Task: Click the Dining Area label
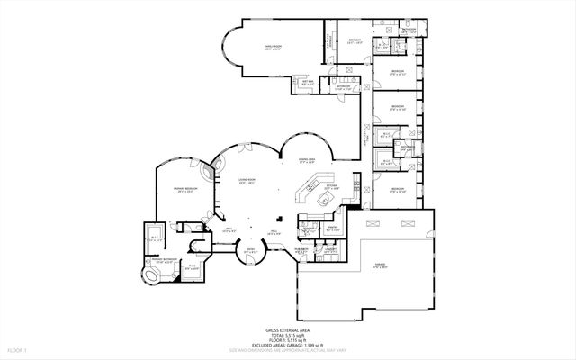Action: point(308,159)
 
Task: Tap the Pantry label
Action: point(332,228)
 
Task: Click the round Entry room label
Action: point(252,251)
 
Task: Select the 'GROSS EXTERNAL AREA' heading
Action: point(288,330)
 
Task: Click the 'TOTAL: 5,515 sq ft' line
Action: point(288,336)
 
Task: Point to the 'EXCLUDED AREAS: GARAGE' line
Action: point(288,345)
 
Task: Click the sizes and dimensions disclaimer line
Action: point(288,350)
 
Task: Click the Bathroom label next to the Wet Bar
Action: point(343,87)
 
